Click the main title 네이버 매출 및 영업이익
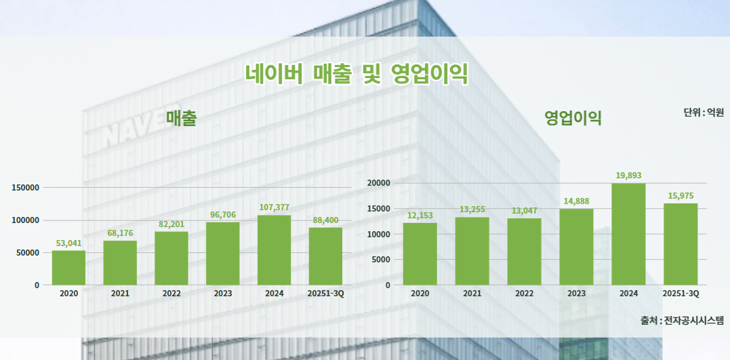click(357, 73)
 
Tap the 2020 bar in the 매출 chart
click(68, 268)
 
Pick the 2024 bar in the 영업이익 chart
click(628, 234)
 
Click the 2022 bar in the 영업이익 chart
click(524, 252)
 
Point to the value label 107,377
click(274, 207)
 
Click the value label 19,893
click(628, 176)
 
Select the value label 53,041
click(68, 243)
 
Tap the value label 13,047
click(524, 211)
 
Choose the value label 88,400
click(325, 220)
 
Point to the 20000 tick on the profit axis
click(378, 183)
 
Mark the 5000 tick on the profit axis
click(380, 260)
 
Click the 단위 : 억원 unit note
click(704, 112)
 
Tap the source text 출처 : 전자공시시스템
click(682, 320)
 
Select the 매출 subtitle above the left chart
click(181, 119)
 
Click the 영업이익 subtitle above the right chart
click(573, 119)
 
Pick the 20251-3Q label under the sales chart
click(325, 294)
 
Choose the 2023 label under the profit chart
click(576, 294)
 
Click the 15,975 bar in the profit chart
click(681, 244)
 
